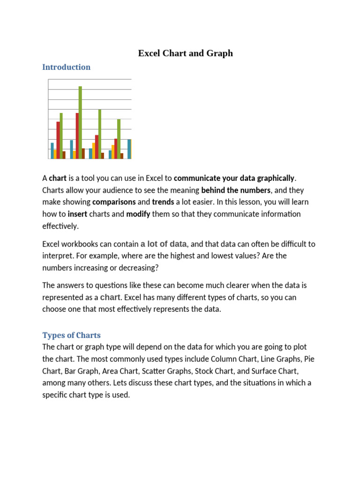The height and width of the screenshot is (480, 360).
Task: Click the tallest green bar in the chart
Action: [80, 122]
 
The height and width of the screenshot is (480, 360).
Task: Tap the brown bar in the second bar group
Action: [83, 153]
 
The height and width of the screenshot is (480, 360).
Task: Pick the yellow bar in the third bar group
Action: [94, 150]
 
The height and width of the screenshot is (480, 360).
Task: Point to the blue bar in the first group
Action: [52, 150]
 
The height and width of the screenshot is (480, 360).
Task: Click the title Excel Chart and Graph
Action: [185, 53]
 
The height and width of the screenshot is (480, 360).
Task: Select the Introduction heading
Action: [66, 67]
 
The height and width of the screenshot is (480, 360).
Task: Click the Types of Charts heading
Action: [71, 335]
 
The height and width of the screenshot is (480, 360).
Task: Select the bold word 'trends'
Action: [163, 202]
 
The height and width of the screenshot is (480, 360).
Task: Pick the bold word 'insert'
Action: [77, 214]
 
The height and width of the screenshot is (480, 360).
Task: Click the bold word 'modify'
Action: [138, 214]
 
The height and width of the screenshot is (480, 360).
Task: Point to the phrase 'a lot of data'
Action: [164, 244]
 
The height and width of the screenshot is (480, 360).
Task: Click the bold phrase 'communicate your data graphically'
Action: [235, 178]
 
